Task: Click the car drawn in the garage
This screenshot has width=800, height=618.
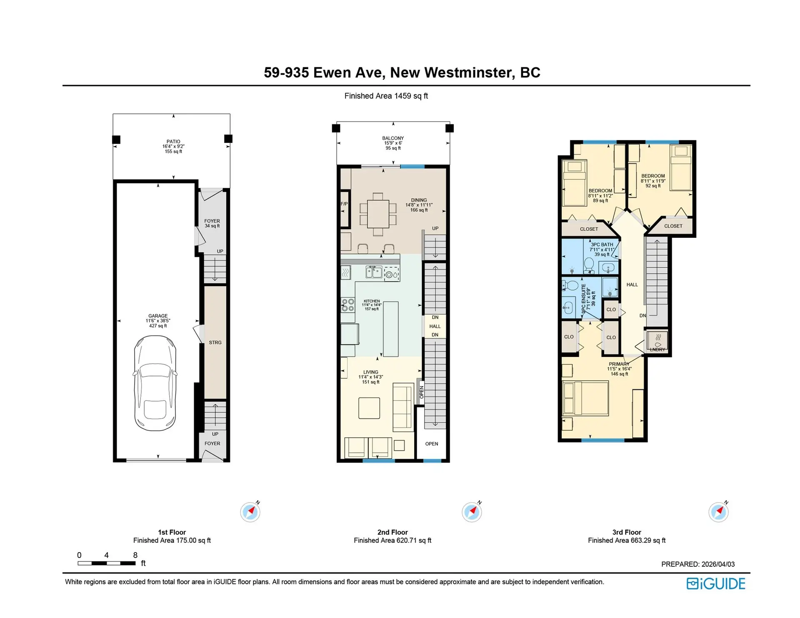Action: tap(155, 383)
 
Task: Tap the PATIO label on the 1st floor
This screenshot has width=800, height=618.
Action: tap(173, 142)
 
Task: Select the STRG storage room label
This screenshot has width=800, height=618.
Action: tap(215, 342)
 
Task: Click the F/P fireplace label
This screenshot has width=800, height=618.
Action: tap(344, 204)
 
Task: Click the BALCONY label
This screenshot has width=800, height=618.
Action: tap(393, 138)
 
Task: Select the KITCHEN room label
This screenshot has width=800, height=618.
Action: tap(372, 301)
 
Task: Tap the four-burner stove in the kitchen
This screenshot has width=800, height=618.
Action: tap(348, 305)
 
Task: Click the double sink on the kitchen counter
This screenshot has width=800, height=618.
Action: tap(374, 272)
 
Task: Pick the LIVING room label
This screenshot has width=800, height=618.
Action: tap(370, 372)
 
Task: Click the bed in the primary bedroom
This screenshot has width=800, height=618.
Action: tap(585, 398)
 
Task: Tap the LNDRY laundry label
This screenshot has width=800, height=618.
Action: tap(657, 349)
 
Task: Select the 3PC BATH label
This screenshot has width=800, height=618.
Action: tap(602, 245)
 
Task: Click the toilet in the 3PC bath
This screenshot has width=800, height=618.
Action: tap(589, 264)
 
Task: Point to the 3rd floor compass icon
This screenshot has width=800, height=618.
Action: tap(718, 512)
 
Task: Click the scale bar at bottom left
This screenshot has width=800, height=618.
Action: tap(107, 563)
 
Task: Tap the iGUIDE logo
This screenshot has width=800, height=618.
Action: tap(716, 583)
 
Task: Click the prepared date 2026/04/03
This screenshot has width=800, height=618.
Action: tap(718, 564)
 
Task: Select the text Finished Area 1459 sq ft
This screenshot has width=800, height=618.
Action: tap(386, 96)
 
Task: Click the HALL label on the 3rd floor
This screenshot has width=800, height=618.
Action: tap(632, 285)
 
